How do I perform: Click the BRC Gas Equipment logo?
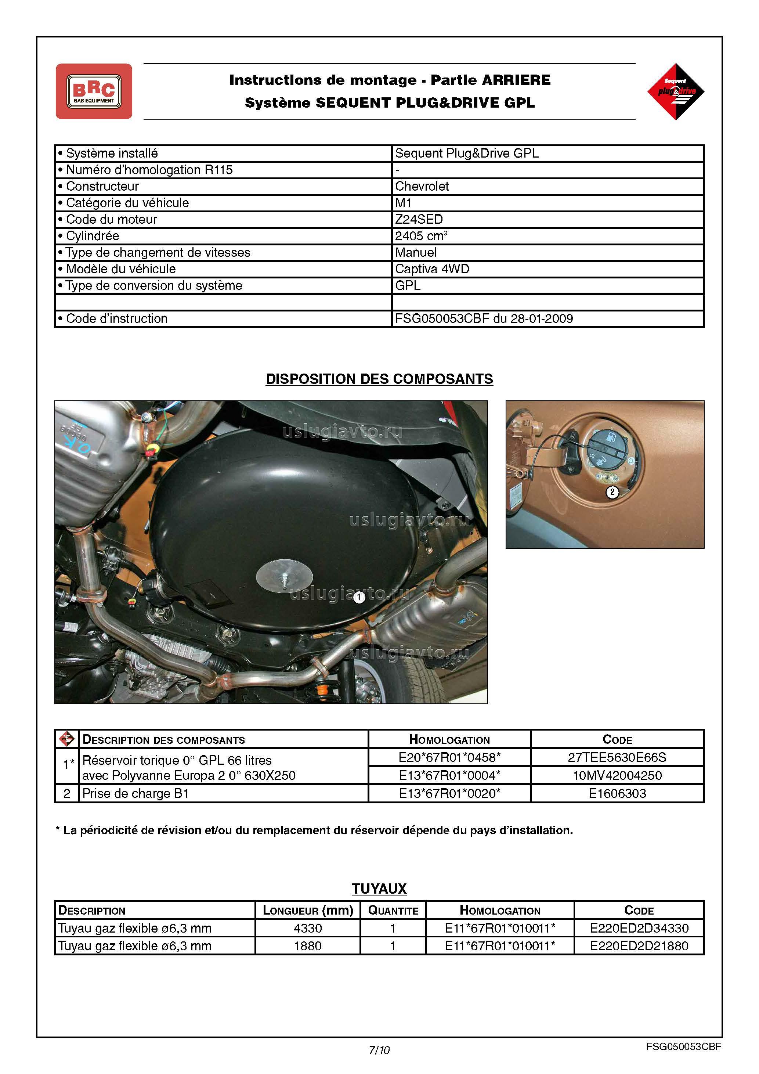coord(94,91)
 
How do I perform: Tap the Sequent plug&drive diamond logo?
coord(675,91)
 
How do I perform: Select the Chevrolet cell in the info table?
coord(422,186)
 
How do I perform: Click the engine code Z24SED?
coord(419,219)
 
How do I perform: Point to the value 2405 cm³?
coord(421,236)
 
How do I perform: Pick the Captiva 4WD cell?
coord(432,269)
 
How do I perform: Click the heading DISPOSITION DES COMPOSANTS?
coord(379,379)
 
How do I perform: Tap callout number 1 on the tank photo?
coord(359,597)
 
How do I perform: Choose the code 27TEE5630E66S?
coord(617,757)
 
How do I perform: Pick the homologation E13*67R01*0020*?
coord(449,793)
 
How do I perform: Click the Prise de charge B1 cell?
coord(135,793)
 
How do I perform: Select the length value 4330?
coord(308,928)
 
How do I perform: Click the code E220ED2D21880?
coord(639,946)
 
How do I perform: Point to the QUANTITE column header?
coord(393,910)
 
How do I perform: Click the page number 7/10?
coord(379,1050)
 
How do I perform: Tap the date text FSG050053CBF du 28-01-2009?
coord(484,318)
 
